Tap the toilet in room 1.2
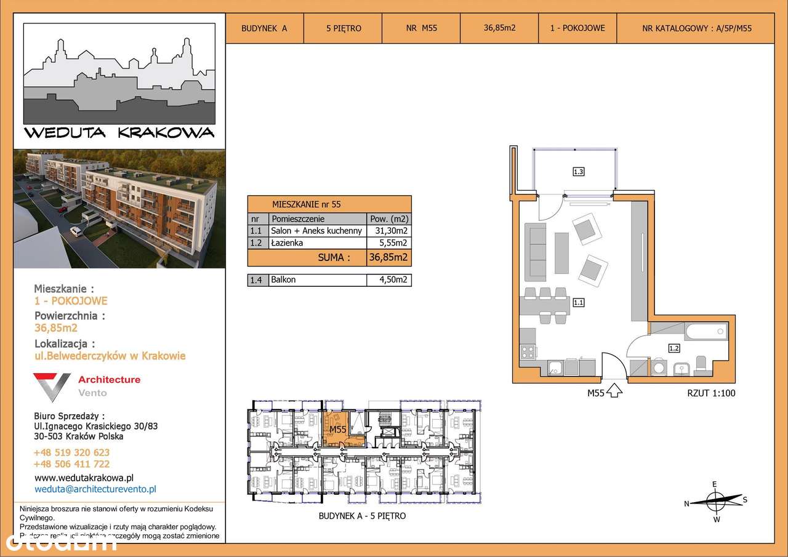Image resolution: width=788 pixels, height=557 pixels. (x=701, y=364)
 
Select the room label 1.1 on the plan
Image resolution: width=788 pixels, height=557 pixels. (x=578, y=302)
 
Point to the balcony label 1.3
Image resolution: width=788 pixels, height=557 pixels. (x=578, y=172)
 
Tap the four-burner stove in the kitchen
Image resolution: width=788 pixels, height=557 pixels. (x=528, y=353)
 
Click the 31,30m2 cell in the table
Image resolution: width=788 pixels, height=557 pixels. (x=388, y=231)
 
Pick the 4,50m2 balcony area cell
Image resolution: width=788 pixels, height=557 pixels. (x=388, y=279)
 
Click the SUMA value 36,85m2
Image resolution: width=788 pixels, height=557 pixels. (x=388, y=257)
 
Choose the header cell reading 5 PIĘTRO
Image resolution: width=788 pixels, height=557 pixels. (x=343, y=28)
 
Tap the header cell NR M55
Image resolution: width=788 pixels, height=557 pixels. (x=421, y=28)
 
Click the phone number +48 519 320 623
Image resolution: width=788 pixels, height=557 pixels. (x=71, y=452)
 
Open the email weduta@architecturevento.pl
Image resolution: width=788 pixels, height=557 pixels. (x=95, y=489)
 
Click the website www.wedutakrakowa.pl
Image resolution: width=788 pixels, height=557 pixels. (x=84, y=477)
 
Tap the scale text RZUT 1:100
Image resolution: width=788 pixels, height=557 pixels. (x=710, y=393)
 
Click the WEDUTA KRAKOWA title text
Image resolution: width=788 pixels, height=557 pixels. (x=119, y=132)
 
